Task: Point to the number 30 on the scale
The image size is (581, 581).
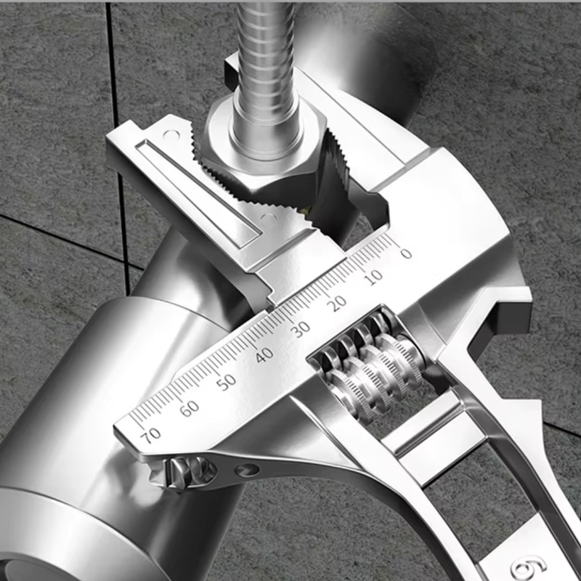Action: tap(300, 329)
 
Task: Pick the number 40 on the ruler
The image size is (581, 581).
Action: tap(264, 354)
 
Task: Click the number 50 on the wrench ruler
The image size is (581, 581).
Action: tap(227, 381)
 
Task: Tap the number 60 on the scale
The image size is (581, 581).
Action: tap(190, 408)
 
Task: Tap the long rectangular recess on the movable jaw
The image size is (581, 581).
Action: tap(200, 189)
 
